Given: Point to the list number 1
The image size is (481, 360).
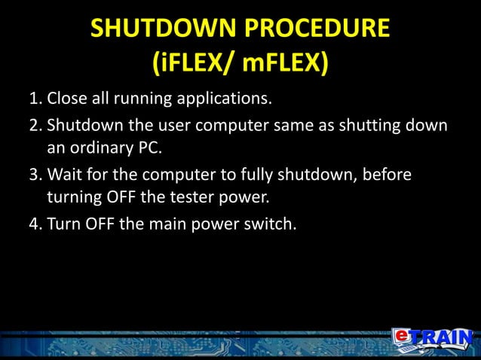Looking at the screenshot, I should (34, 100).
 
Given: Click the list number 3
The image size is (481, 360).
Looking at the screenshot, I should (34, 175).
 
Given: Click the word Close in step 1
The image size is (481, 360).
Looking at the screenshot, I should (67, 100).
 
